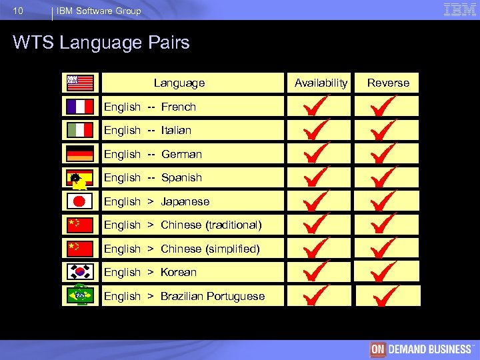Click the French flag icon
click(80, 107)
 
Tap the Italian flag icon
click(80, 130)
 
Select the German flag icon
click(80, 154)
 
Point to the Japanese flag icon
click(80, 201)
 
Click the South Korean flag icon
click(80, 272)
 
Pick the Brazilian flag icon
click(80, 295)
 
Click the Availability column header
click(321, 83)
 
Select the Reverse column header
click(388, 83)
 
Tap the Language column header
click(179, 83)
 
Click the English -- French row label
click(150, 107)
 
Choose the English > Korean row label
click(150, 272)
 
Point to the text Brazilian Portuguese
click(213, 296)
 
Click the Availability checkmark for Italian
click(317, 130)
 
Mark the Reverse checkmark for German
click(384, 154)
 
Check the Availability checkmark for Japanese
click(317, 201)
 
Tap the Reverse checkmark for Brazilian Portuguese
click(385, 295)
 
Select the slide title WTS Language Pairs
click(101, 43)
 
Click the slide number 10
click(18, 11)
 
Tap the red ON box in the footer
click(378, 349)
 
